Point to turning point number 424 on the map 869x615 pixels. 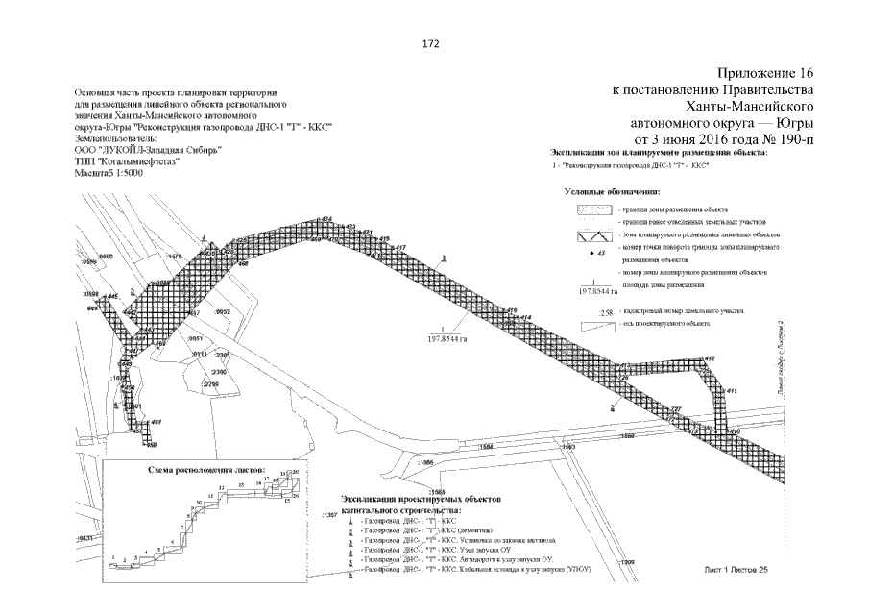[x=326, y=220]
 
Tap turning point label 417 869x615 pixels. [x=400, y=247]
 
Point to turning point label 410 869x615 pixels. [x=736, y=432]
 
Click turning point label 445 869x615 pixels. [x=112, y=296]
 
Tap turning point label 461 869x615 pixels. [x=157, y=422]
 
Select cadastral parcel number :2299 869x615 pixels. [x=211, y=385]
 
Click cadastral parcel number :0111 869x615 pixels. [x=201, y=355]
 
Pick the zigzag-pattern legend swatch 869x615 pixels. [x=596, y=234]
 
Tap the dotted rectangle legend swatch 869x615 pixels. [x=596, y=209]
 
